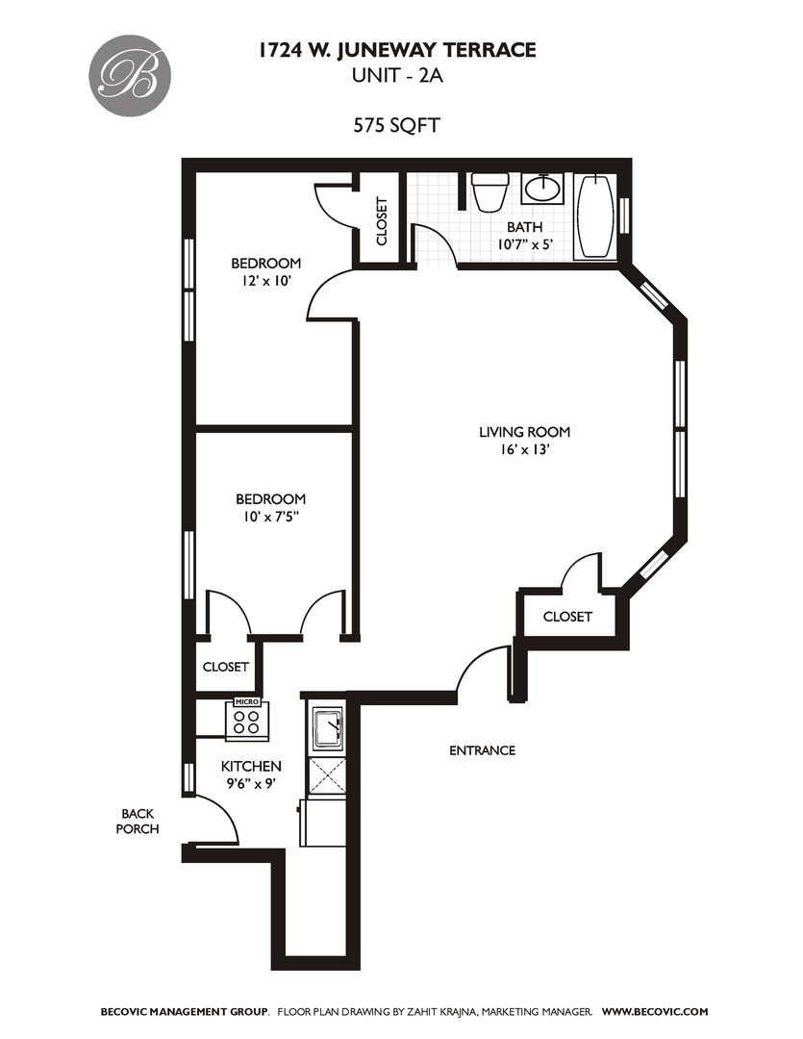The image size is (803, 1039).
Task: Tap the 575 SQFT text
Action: pyautogui.click(x=396, y=124)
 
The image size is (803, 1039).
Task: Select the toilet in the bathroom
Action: pyautogui.click(x=490, y=191)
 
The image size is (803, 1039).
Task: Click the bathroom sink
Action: pyautogui.click(x=545, y=188)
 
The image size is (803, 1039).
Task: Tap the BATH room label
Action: pyautogui.click(x=524, y=227)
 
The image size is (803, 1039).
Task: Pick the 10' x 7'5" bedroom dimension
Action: pyautogui.click(x=270, y=518)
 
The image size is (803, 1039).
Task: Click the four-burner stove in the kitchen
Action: pyautogui.click(x=246, y=722)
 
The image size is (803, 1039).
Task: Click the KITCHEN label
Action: pyautogui.click(x=251, y=766)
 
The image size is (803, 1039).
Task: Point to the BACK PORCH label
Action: pyautogui.click(x=138, y=820)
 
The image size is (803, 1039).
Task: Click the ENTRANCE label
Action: pyautogui.click(x=482, y=750)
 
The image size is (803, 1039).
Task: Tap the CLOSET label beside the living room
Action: pyautogui.click(x=567, y=617)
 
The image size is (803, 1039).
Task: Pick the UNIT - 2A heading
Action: pyautogui.click(x=396, y=75)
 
